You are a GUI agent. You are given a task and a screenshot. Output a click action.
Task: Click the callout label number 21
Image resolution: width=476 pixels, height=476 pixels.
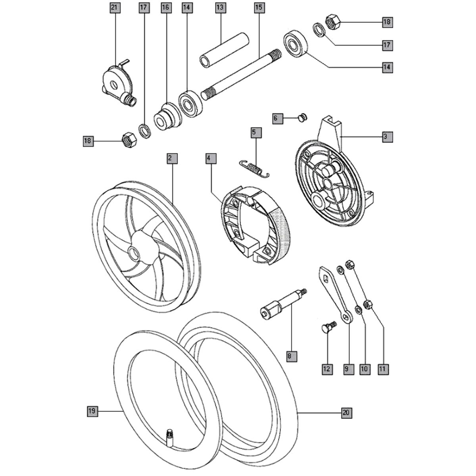click(115, 8)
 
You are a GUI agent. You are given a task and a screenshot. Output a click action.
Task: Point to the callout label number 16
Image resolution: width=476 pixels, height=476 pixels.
click(165, 8)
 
